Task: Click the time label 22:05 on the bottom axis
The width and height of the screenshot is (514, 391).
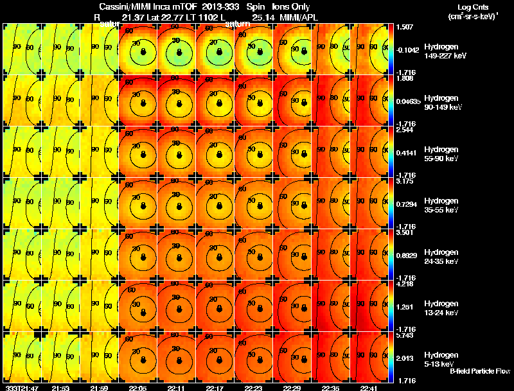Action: (x=138, y=388)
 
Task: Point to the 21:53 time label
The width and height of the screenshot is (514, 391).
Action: (x=61, y=388)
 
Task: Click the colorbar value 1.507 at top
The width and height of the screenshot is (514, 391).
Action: (x=405, y=27)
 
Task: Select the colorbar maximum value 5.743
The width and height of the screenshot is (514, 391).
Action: (x=405, y=336)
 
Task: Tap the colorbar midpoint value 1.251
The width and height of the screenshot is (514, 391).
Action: (x=406, y=308)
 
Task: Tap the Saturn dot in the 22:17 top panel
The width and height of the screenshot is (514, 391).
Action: (x=219, y=51)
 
